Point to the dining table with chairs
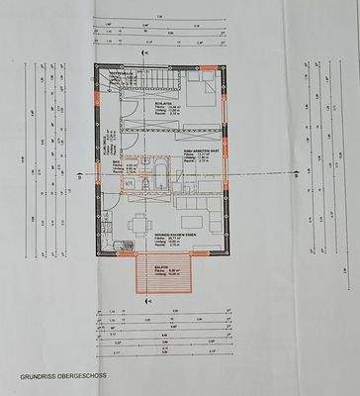(135, 221)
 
